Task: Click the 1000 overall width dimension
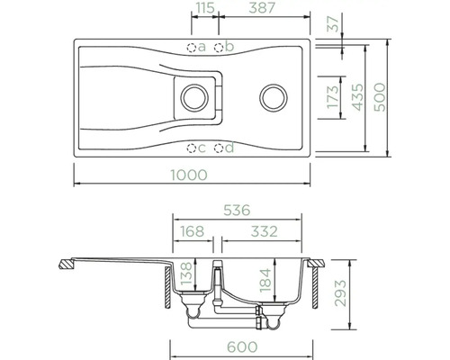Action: click(189, 175)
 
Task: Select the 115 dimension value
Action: click(205, 8)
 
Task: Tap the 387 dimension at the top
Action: click(262, 8)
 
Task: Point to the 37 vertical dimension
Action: click(333, 23)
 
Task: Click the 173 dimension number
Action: click(333, 97)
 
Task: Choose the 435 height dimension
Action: click(357, 97)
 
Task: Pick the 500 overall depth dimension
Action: click(380, 97)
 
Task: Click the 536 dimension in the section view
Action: click(237, 211)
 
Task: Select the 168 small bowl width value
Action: click(192, 231)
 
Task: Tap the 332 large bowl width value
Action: click(265, 231)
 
